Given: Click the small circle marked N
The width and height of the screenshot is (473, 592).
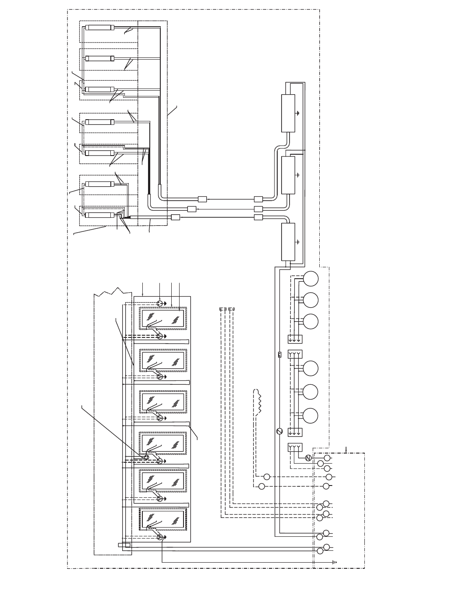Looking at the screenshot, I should click(x=308, y=458).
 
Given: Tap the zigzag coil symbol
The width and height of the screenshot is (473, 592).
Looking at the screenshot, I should click(x=259, y=401).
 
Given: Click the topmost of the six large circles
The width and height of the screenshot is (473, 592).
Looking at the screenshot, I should click(x=311, y=279).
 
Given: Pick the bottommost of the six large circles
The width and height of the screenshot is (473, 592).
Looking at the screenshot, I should click(x=311, y=416).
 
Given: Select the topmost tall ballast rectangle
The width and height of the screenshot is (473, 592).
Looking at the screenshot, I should click(x=288, y=113).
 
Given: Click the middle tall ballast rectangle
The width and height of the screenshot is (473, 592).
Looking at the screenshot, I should click(x=288, y=175).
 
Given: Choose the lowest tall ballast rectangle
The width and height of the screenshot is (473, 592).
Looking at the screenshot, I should click(x=288, y=241).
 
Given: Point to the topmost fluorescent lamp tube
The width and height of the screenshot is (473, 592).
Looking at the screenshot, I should click(x=100, y=28).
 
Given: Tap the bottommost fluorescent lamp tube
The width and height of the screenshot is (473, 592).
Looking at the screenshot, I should click(x=100, y=215).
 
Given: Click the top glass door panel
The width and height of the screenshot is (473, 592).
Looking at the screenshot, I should click(x=162, y=319).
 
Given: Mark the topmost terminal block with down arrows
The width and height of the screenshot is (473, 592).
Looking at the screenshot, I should click(x=295, y=339).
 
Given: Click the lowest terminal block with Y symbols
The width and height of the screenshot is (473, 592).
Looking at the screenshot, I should click(x=295, y=447).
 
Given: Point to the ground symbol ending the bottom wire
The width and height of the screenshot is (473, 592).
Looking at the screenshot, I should click(x=334, y=561).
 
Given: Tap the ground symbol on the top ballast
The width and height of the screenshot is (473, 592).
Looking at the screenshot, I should click(x=298, y=113).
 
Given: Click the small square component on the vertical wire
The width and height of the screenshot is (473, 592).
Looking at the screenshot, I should click(x=279, y=354).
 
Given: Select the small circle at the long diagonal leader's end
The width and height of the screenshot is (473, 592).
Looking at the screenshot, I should click(x=147, y=457).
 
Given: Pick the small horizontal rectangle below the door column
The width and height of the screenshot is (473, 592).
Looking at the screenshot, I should click(x=124, y=545).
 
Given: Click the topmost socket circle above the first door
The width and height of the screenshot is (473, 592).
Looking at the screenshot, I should click(x=160, y=303).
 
